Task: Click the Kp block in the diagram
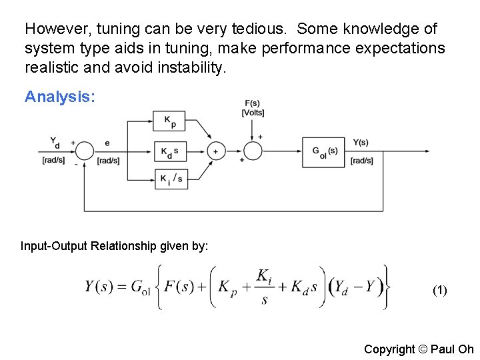point(170,121)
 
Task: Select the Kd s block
point(170,152)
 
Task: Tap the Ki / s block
point(170,179)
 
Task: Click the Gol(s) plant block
point(325,151)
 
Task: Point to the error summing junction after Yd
point(84,152)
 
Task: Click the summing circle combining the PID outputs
point(215,152)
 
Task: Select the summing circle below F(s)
point(253,152)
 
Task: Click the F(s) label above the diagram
point(253,103)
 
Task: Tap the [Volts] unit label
point(253,113)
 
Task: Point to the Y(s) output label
point(361,143)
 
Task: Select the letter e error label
point(107,143)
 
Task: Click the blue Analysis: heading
point(60,97)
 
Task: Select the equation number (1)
point(440,290)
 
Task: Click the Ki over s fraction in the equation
point(264,287)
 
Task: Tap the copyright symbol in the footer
point(421,349)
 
